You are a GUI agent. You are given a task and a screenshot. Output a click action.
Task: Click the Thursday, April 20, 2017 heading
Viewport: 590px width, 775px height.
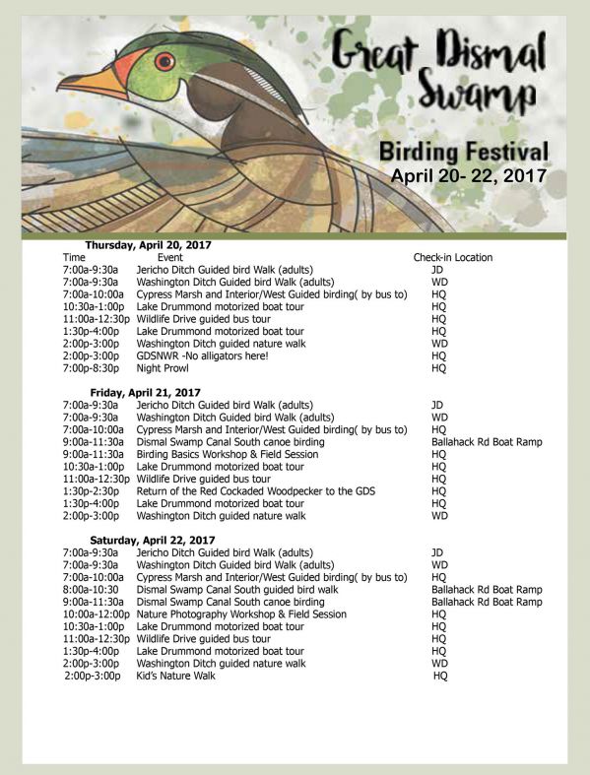[148, 244]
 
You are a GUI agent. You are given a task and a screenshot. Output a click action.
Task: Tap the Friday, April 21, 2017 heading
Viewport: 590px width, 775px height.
[145, 392]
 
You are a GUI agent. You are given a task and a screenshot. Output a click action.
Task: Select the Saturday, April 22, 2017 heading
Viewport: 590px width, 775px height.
[152, 541]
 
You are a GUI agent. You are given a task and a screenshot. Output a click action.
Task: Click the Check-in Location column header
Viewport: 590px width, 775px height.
[452, 257]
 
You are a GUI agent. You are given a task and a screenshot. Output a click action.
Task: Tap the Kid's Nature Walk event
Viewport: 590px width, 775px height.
[175, 676]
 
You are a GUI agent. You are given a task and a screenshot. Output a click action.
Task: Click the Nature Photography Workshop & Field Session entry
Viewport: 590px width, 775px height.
[240, 614]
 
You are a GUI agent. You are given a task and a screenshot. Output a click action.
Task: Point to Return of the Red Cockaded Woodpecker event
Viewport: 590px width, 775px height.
[254, 490]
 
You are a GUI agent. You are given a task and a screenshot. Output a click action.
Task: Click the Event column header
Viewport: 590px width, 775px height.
[170, 257]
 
